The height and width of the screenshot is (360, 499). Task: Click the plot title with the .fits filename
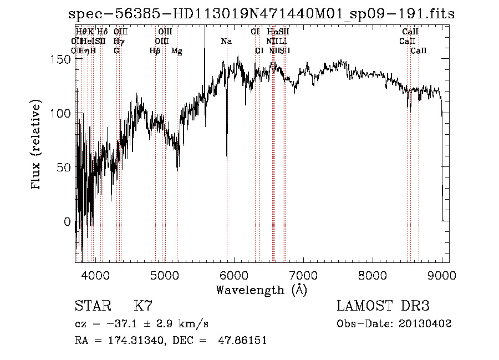click(261, 14)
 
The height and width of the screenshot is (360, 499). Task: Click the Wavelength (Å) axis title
click(261, 290)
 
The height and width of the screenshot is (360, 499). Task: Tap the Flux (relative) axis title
click(37, 145)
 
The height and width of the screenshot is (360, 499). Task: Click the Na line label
click(226, 42)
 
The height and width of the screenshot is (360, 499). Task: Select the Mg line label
click(176, 51)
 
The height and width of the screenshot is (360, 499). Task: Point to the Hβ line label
click(155, 51)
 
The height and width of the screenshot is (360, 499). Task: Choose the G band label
click(116, 51)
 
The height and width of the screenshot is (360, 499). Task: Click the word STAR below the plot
click(92, 306)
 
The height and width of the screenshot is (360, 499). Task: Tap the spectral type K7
click(143, 306)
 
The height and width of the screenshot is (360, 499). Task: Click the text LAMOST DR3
click(383, 306)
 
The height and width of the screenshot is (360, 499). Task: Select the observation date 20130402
click(427, 323)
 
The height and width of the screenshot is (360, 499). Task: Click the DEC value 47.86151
click(242, 340)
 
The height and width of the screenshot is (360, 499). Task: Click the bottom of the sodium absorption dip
click(227, 160)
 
